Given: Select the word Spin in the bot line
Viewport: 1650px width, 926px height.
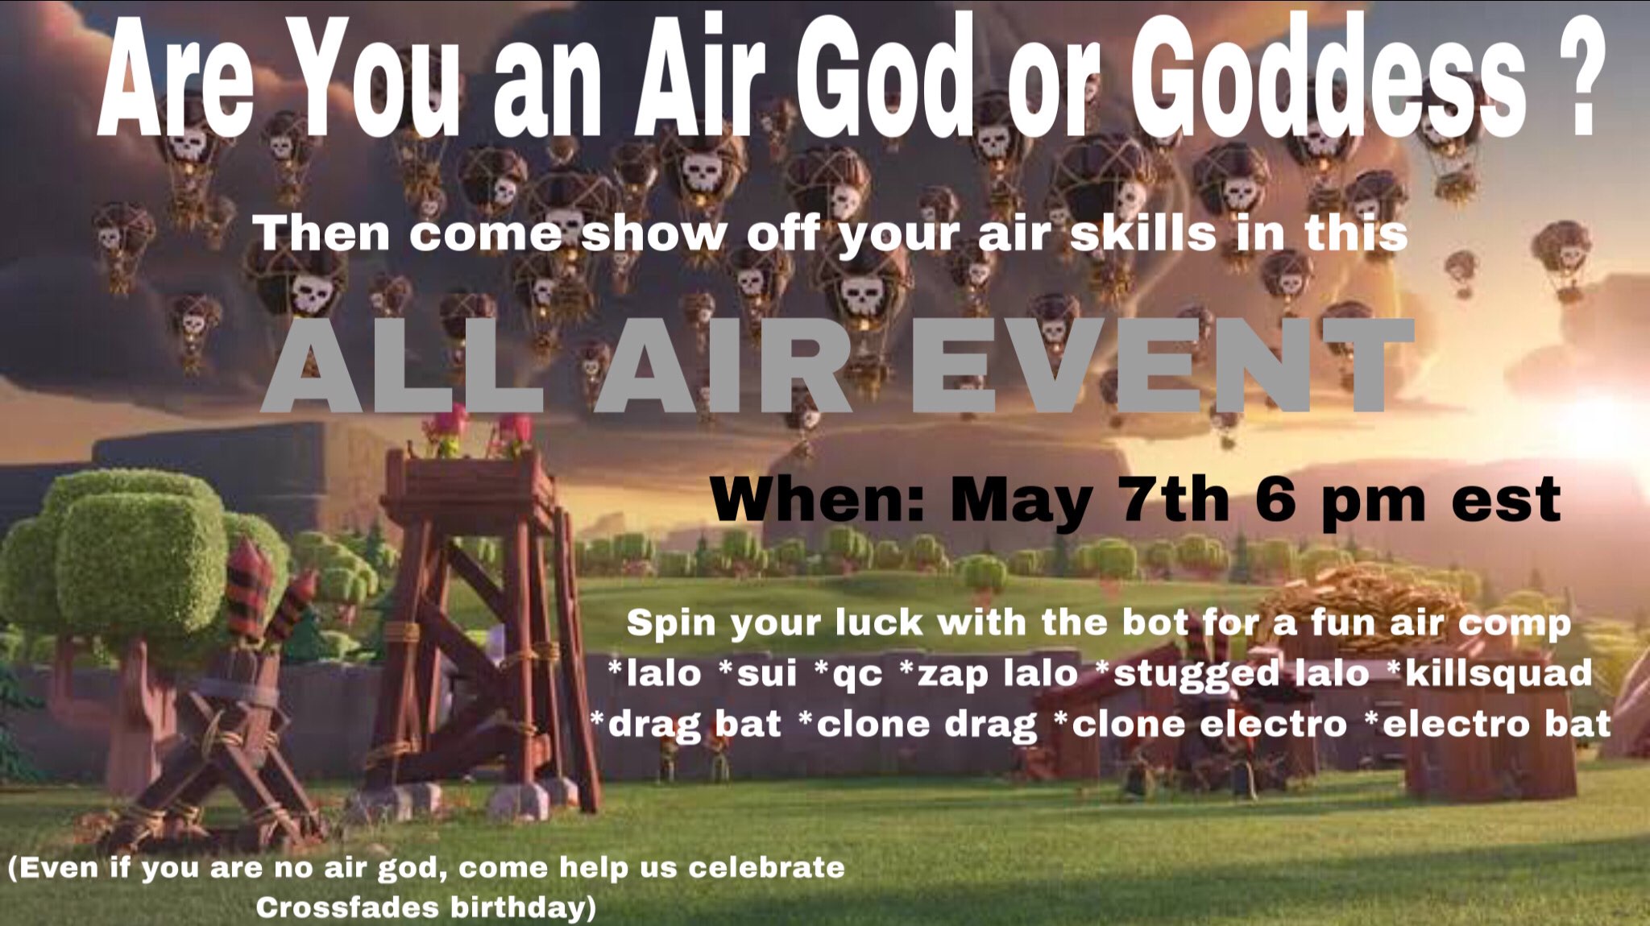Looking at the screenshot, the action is point(673,623).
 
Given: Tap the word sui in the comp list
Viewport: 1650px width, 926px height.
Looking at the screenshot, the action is point(758,674).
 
